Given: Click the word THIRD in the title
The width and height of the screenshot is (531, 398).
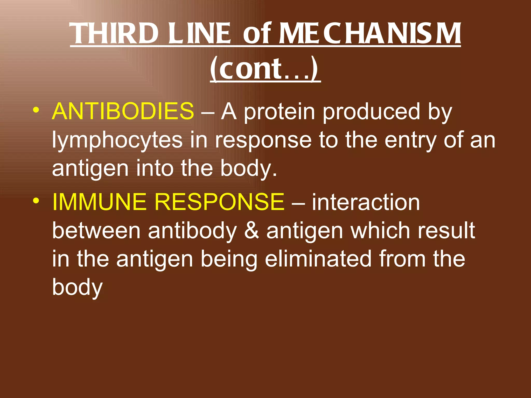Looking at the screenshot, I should pos(114,34).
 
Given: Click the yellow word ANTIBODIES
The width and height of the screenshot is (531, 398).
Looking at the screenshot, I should pos(123,111).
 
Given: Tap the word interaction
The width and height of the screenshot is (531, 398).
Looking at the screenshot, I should pos(366,202).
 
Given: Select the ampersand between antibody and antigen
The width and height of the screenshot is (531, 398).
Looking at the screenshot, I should pos(251,230).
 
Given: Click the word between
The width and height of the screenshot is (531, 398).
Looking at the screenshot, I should pos(96,230).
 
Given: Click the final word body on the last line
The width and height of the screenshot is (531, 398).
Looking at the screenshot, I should pos(77,288).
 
